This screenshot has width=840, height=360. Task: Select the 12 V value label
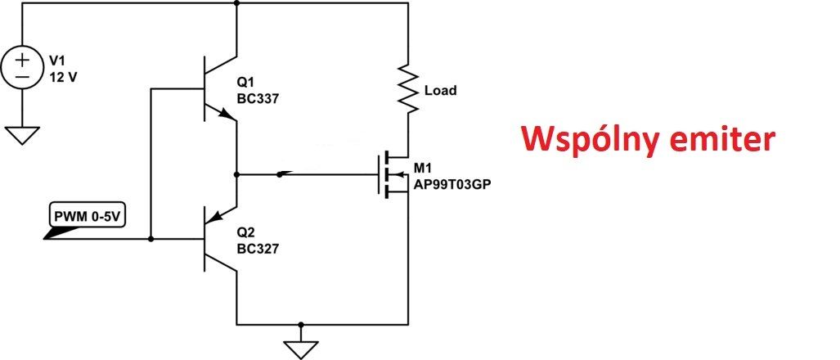[x=65, y=76]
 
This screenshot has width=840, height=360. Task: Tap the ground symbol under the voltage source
[x=22, y=134]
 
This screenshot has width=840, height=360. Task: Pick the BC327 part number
[x=258, y=247]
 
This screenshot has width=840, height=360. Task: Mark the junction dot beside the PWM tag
[x=151, y=239]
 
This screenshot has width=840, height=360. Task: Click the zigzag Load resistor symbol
[x=407, y=90]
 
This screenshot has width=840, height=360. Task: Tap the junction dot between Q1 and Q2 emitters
[x=236, y=174]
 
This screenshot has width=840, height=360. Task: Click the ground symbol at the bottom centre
[x=302, y=344]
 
